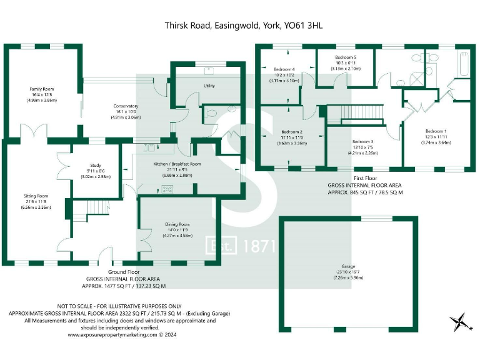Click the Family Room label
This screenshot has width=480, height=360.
point(42,89)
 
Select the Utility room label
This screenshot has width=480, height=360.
point(209,86)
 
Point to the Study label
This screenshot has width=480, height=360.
point(96,166)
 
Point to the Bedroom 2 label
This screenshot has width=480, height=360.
point(292,132)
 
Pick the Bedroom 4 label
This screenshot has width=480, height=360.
point(284,69)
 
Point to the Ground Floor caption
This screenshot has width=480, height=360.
point(122,273)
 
